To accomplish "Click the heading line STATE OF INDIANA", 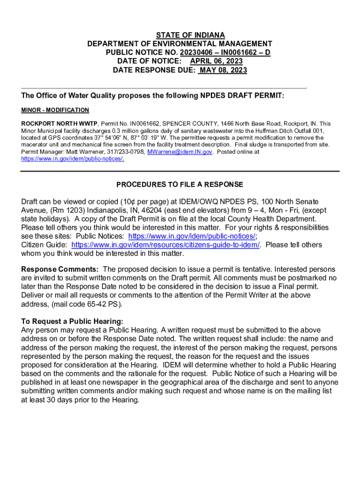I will coord(190,36).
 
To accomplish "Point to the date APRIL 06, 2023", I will coord(216,61).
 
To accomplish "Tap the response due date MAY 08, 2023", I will coord(223,70).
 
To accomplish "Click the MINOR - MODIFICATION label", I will coord(55,110).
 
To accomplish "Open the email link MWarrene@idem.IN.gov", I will coord(180,152).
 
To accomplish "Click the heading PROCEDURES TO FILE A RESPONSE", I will coord(180,184).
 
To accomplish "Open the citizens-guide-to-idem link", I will coord(166,245).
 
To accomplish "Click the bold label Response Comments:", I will coord(60,269).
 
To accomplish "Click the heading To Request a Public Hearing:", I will coord(72,321).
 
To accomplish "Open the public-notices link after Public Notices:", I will coord(192,236).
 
